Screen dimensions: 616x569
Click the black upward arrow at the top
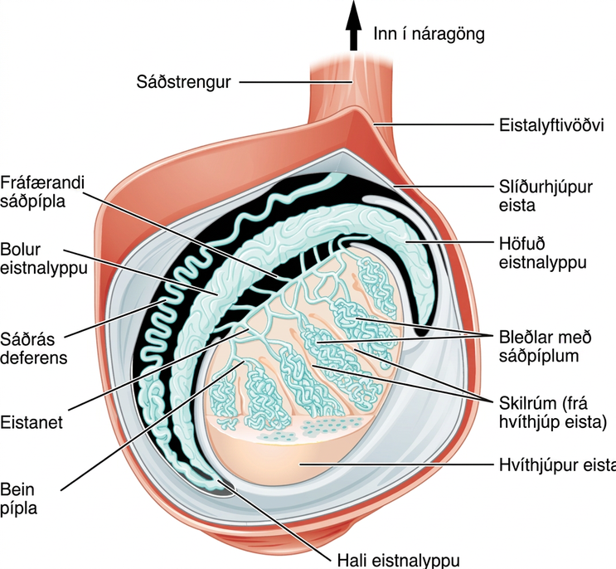point(354,26)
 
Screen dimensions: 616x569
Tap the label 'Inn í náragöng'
point(429,34)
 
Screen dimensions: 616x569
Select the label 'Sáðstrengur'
point(183,82)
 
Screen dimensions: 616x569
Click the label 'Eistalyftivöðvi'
point(551,126)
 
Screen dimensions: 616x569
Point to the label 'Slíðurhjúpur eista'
point(546,196)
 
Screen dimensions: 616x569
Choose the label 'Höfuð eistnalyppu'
point(542,253)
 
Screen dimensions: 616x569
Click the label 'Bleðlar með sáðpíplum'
point(545,347)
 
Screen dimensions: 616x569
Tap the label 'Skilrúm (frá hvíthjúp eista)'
point(553,412)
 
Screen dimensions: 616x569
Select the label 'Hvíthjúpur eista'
point(557,464)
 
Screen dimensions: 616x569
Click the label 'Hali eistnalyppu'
point(398,561)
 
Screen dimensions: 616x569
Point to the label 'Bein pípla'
point(18,499)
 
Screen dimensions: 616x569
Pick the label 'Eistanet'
point(32,423)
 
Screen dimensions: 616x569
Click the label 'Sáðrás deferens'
point(33,348)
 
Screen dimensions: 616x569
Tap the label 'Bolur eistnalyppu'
point(44,259)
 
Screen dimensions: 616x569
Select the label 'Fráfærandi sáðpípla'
point(42,192)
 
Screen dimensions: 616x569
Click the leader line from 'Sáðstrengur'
point(295,82)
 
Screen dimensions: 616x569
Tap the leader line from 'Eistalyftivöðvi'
point(434,125)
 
